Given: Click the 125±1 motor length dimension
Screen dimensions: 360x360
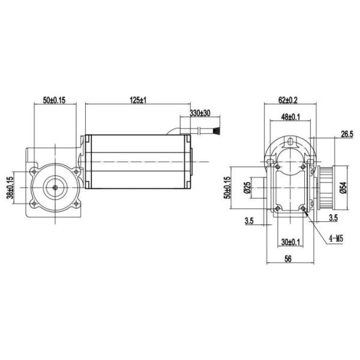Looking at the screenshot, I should pos(139,100).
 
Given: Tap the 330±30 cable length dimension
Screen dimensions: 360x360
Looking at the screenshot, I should pos(199,113).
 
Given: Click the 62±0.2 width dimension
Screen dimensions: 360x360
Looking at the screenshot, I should pos(289,100).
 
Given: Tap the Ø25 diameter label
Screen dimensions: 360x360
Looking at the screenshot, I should pos(247,187).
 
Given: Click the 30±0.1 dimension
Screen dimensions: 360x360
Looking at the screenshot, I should pos(291,242).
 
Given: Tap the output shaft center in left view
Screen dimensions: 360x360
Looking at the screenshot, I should pos(55,187).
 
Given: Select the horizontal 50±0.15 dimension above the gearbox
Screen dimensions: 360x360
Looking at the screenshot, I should pos(54,100).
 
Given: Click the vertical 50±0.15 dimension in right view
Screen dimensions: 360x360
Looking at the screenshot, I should pos(228,187).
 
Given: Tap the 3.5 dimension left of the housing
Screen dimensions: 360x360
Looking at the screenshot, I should pos(249,221).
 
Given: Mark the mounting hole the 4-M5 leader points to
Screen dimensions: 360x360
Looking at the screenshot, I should pos(306,208).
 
